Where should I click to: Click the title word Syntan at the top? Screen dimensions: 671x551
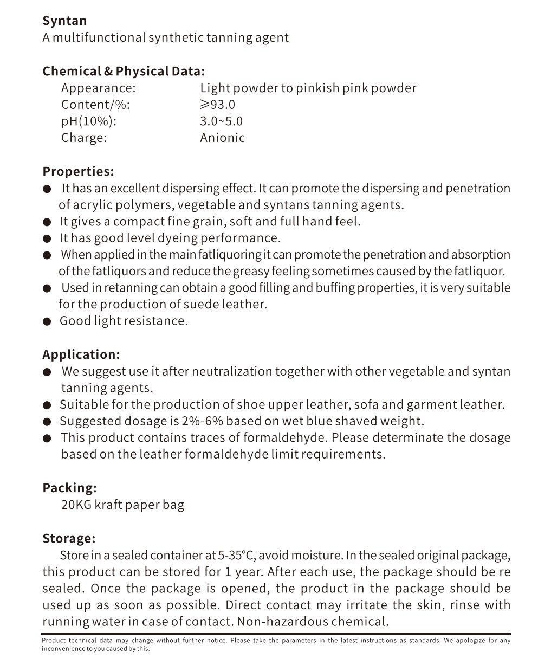64,21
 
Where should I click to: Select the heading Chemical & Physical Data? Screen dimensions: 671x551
124,72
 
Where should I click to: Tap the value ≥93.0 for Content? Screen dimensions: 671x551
217,105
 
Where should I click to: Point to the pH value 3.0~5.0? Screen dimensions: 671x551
221,121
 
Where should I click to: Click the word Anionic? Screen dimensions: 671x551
222,138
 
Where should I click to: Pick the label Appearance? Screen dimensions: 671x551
98,88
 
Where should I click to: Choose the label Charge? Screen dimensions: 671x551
84,138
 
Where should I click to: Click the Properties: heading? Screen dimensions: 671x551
78,172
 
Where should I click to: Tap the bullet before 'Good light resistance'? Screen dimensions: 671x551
48,322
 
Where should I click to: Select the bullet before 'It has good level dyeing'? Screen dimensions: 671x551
48,239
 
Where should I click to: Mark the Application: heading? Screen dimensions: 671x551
81,355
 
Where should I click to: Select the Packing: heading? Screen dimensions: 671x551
69,488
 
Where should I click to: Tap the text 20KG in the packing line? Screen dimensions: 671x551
76,505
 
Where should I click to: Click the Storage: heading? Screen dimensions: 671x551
69,539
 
